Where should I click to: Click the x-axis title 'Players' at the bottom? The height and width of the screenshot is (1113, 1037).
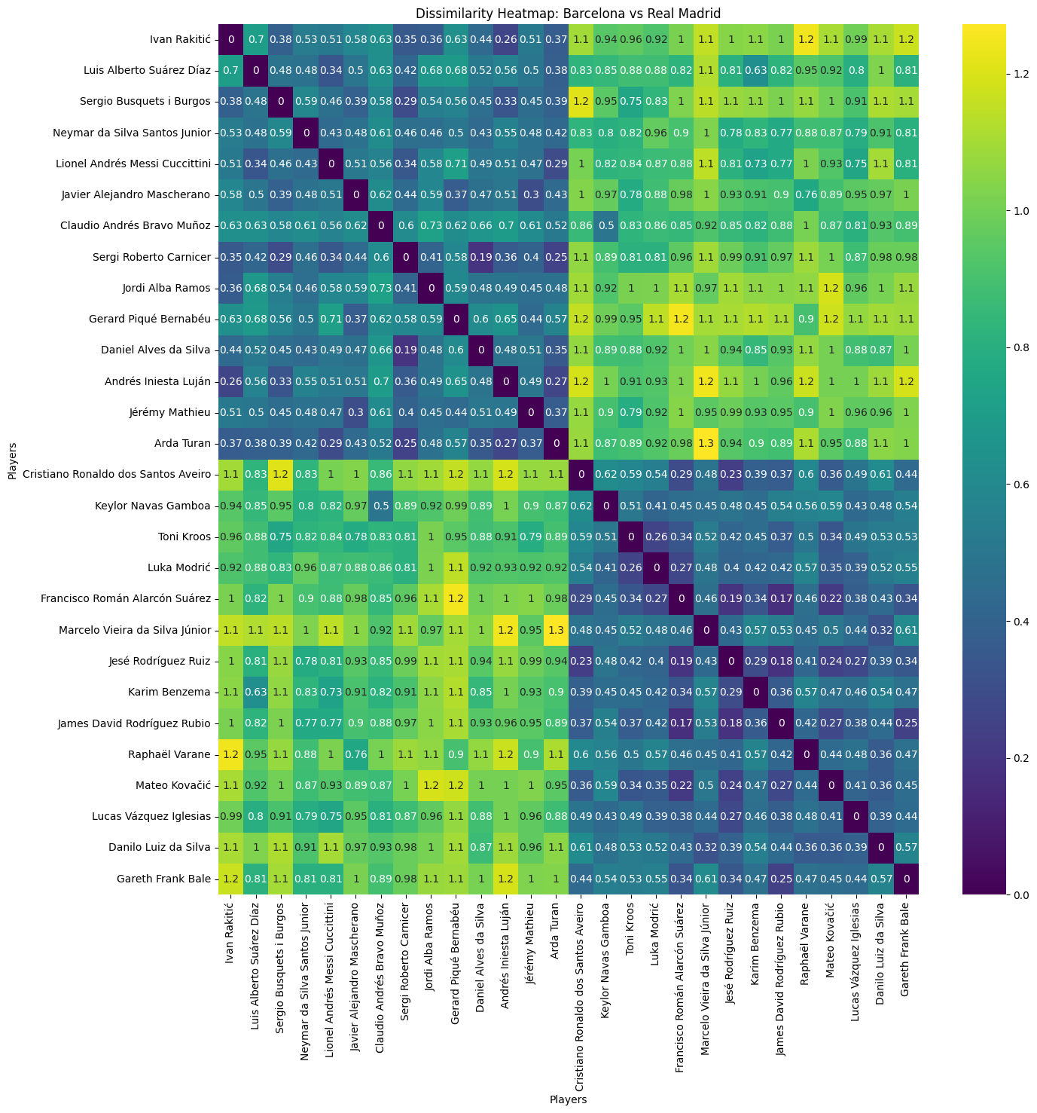[x=568, y=1099]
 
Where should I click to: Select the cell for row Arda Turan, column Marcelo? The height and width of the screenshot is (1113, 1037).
[x=705, y=443]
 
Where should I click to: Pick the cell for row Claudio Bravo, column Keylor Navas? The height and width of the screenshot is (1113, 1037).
[x=605, y=225]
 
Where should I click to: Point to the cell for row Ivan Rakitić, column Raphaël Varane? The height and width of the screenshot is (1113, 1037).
[x=804, y=39]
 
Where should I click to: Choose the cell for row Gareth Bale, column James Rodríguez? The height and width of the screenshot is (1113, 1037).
[x=779, y=878]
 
